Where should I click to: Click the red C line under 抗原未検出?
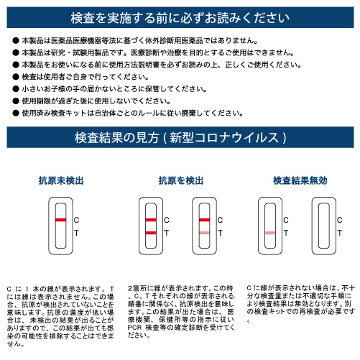61,219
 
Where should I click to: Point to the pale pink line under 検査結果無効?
270,233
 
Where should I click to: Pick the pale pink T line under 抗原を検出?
205,233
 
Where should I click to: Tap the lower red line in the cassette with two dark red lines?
151,233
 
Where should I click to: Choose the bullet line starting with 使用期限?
108,101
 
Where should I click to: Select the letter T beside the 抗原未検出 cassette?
78,234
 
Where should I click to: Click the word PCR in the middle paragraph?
135,328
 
